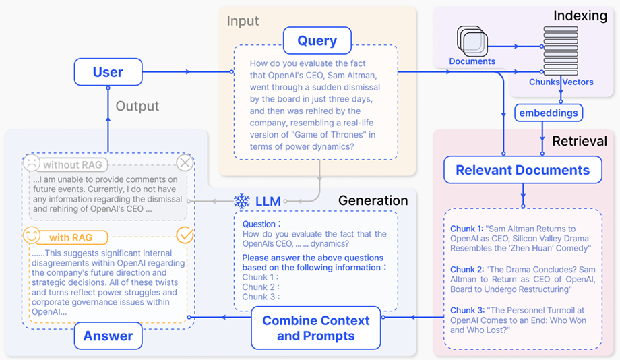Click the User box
tap(108, 71)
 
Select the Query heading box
tap(317, 40)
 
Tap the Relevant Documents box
tap(522, 170)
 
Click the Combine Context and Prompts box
tap(316, 328)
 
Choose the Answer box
tap(108, 336)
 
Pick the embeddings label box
tap(549, 113)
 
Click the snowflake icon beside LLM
tap(241, 201)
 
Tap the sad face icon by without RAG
tap(32, 164)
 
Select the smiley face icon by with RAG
tap(32, 237)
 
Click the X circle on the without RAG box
tap(184, 163)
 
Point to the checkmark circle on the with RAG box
tap(184, 235)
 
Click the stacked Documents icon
tap(472, 42)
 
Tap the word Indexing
tap(580, 15)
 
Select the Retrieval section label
tap(580, 141)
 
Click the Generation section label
tap(373, 200)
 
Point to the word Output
tap(137, 106)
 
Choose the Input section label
tap(243, 20)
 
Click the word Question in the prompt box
tap(259, 224)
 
